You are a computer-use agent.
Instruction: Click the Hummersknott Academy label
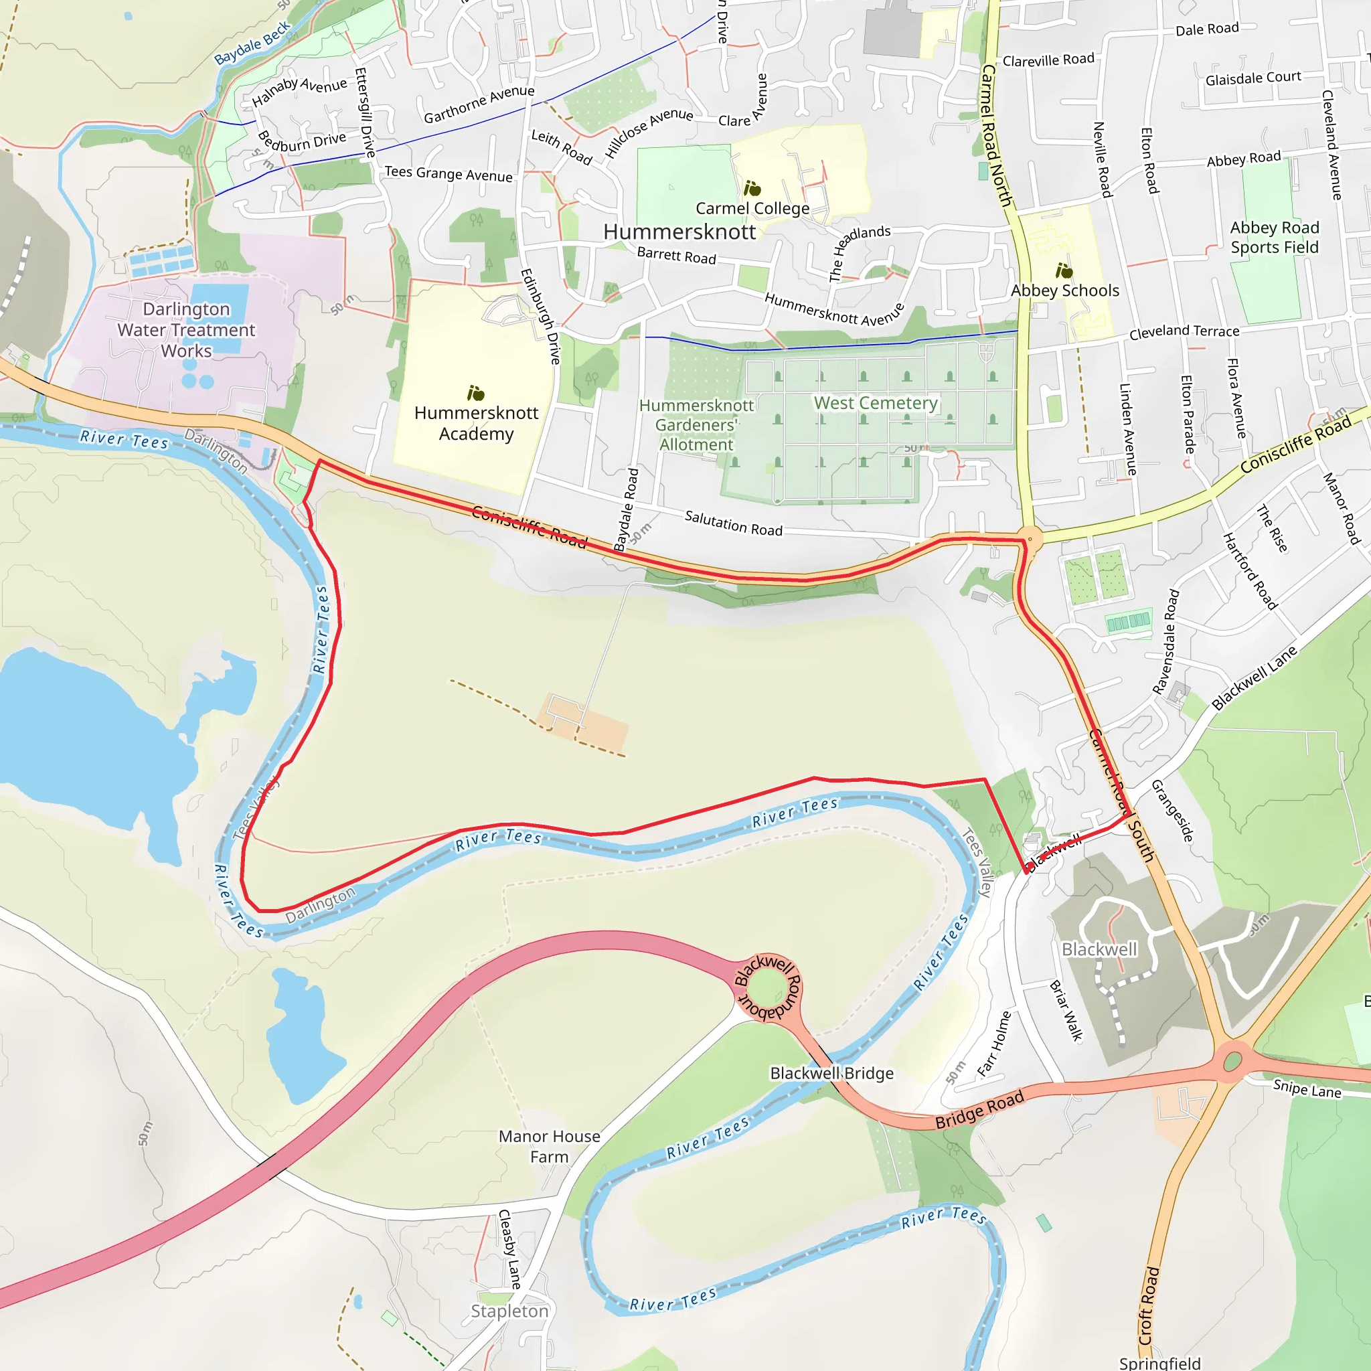[476, 423]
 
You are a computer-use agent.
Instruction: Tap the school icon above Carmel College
[752, 188]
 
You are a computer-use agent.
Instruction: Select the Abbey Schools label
[1064, 291]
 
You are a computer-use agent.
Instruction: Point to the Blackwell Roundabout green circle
[766, 988]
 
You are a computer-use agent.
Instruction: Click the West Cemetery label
[876, 403]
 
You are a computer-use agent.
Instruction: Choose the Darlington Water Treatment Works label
[186, 330]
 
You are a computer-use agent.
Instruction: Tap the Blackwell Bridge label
[831, 1073]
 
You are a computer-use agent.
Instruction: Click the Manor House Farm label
[549, 1146]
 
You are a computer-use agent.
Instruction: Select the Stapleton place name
[509, 1311]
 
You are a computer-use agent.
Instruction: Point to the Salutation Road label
[733, 523]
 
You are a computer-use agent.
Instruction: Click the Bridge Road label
[979, 1109]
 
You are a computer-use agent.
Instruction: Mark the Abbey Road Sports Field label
[1275, 237]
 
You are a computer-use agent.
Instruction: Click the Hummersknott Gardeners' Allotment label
[696, 424]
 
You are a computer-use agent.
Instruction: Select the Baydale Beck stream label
[252, 43]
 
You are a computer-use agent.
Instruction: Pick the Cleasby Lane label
[510, 1249]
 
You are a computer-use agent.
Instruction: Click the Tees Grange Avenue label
[449, 174]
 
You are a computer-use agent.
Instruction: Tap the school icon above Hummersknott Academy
[475, 393]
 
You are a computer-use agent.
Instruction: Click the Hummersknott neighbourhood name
[679, 232]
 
